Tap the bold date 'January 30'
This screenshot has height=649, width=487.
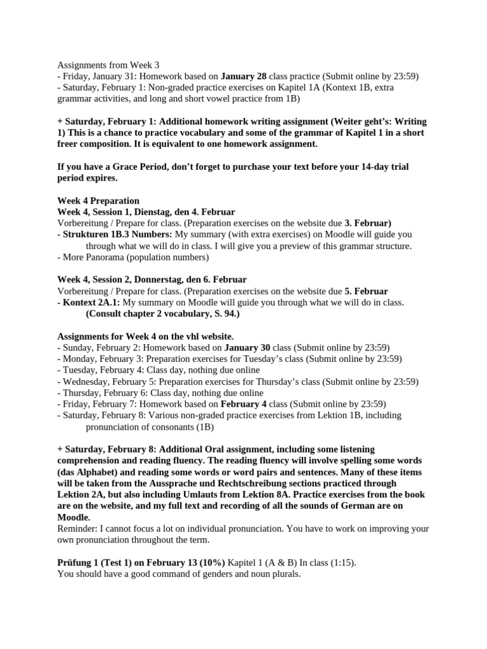click(247, 347)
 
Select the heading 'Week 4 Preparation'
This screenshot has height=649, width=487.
click(98, 201)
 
